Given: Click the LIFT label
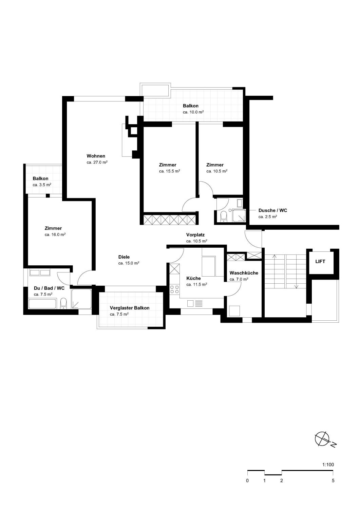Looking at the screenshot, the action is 320,262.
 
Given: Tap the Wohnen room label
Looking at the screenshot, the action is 96,156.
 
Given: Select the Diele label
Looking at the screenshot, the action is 124,257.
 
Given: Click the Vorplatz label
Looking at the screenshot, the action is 195,235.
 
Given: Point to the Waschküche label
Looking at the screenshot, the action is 244,273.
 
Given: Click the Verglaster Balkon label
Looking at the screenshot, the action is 130,308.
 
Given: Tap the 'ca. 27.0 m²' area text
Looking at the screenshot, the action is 97,163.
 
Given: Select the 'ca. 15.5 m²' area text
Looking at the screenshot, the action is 170,171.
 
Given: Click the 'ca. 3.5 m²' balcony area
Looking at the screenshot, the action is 42,185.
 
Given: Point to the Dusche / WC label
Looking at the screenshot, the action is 273,210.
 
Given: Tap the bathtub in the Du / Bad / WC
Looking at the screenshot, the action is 42,304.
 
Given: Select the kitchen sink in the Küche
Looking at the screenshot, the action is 195,303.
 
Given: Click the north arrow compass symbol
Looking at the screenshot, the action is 322,439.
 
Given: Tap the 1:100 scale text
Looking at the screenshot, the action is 328,465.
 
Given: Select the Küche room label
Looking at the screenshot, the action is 193,278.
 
